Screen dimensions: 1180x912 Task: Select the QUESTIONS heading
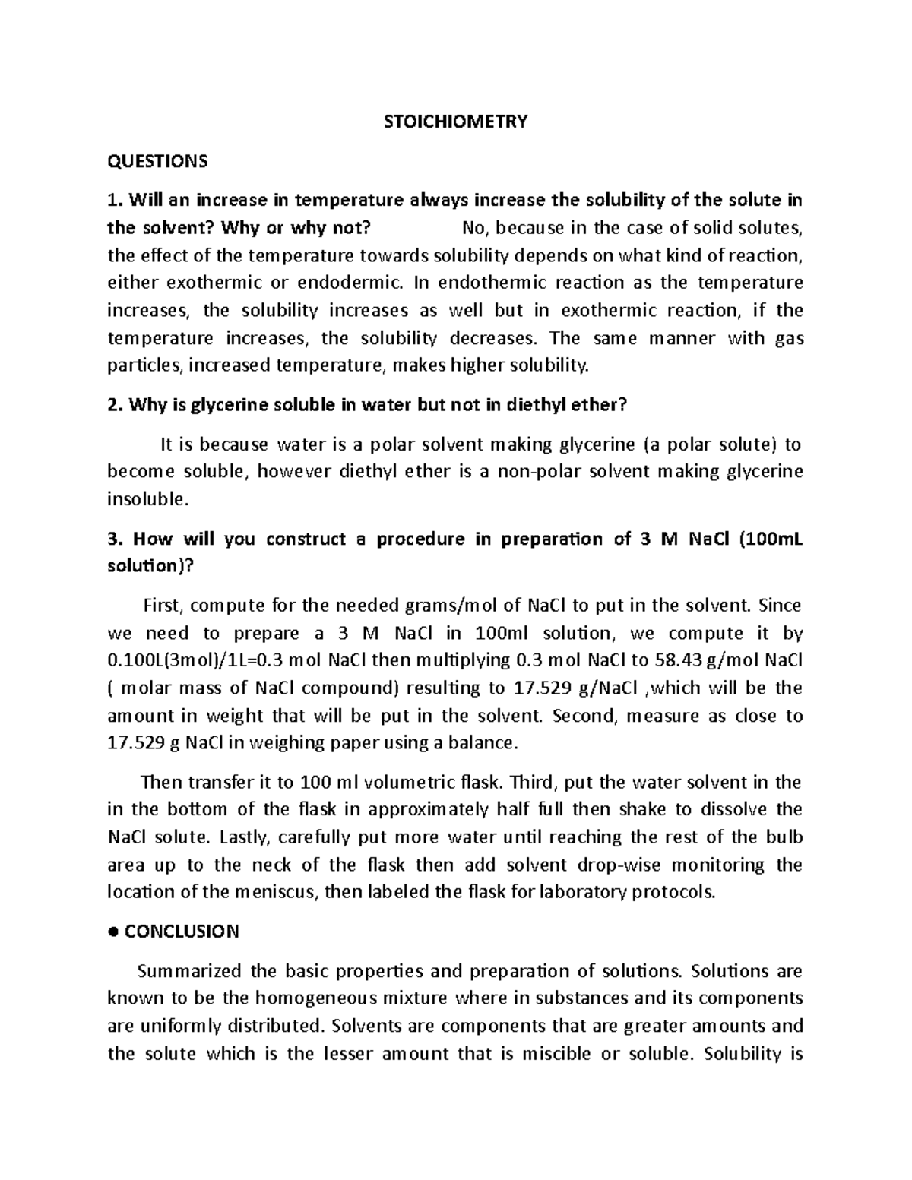[x=157, y=161]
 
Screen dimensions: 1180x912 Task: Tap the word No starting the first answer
[x=471, y=228]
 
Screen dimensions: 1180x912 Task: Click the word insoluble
[x=145, y=499]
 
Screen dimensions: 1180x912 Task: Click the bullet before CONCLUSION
[x=112, y=932]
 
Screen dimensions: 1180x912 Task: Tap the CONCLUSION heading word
[x=182, y=932]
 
